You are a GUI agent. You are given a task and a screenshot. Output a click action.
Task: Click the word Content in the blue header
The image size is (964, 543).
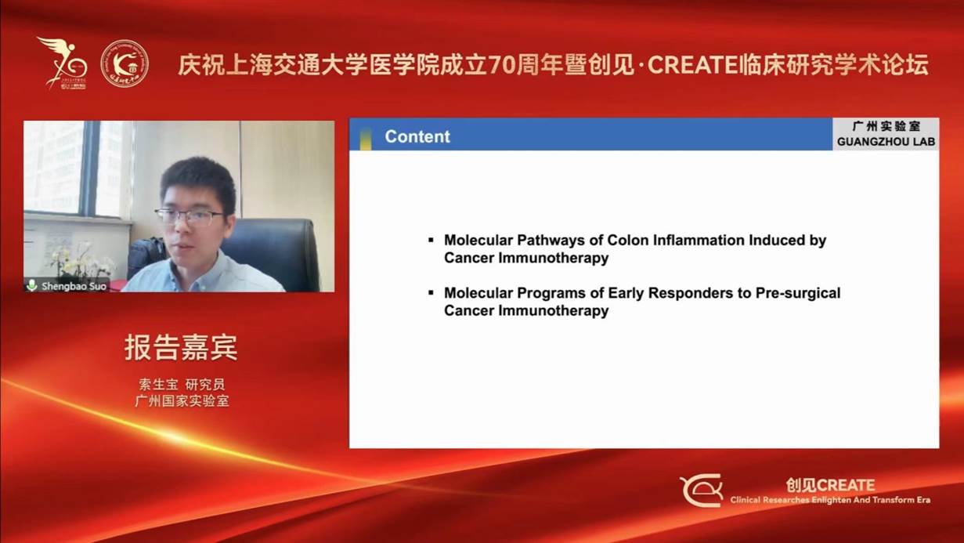417,136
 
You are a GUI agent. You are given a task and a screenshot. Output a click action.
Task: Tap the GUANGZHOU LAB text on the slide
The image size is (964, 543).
886,142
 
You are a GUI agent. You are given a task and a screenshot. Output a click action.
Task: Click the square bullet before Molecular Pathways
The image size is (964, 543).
431,240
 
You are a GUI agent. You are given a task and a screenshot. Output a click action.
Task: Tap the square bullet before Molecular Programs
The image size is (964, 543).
431,293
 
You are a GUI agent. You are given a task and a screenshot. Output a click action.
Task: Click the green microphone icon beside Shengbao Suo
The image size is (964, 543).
32,285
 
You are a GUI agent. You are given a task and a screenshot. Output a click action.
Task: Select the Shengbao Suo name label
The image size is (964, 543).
74,286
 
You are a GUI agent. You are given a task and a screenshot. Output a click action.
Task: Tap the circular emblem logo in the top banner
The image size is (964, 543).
125,63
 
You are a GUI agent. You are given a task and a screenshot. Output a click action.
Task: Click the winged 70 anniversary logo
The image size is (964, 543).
63,63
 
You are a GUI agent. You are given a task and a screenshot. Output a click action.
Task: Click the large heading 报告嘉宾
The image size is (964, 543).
181,347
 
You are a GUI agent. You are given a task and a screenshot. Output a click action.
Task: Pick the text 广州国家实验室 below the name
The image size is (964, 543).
182,401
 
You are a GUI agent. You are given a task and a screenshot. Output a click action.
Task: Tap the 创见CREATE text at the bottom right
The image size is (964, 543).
830,485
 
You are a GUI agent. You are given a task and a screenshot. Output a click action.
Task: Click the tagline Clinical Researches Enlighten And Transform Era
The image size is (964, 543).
830,501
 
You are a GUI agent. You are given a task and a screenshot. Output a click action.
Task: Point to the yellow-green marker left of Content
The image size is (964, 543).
366,138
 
